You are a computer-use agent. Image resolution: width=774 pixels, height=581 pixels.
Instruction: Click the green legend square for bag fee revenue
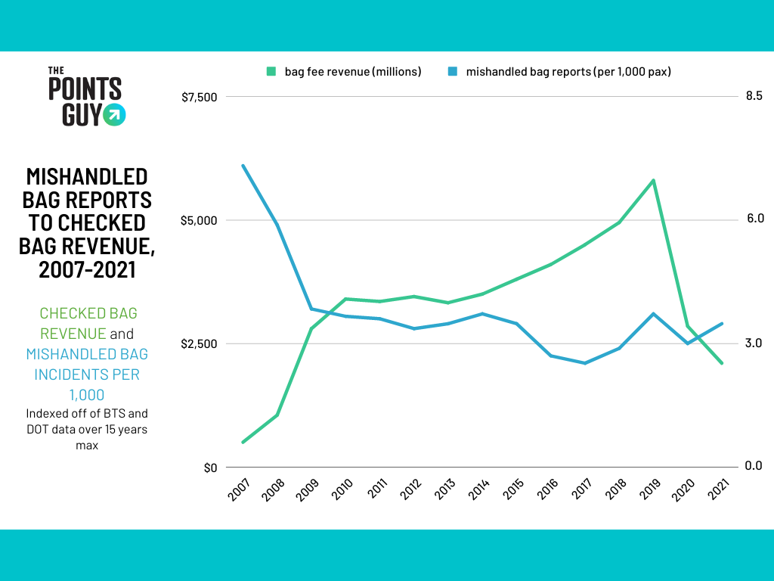click(271, 72)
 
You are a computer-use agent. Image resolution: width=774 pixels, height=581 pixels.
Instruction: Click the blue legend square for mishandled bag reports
click(453, 72)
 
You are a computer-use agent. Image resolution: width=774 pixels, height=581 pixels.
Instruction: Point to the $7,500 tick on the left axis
click(200, 98)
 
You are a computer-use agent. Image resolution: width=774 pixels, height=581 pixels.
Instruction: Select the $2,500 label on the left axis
click(200, 344)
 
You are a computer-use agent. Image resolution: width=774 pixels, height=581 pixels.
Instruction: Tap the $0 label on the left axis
click(210, 468)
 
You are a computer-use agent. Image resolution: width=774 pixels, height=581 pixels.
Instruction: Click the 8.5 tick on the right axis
click(754, 95)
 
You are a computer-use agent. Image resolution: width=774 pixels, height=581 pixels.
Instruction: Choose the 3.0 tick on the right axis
click(754, 343)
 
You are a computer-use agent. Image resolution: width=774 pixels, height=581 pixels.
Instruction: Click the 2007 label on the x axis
click(240, 489)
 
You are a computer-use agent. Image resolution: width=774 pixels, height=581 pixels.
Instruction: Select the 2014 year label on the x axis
click(478, 489)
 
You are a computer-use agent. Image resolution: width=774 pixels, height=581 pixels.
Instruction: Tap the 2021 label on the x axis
click(718, 489)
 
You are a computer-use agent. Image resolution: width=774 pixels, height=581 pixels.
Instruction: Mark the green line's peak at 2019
click(654, 180)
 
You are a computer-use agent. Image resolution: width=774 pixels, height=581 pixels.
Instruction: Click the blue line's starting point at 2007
click(243, 166)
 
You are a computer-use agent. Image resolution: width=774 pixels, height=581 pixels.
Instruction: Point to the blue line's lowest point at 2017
click(585, 363)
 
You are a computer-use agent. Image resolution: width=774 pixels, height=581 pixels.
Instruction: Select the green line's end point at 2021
click(722, 363)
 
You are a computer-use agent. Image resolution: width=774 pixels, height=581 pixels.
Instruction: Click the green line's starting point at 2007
click(243, 442)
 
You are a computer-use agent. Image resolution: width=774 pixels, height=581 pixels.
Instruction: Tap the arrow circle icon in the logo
click(115, 115)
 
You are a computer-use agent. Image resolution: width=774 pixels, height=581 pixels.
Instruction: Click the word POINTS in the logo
click(85, 89)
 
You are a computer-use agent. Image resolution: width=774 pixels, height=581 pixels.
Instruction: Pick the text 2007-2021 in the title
click(87, 270)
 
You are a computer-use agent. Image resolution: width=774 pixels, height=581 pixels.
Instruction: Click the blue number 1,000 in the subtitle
click(87, 395)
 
